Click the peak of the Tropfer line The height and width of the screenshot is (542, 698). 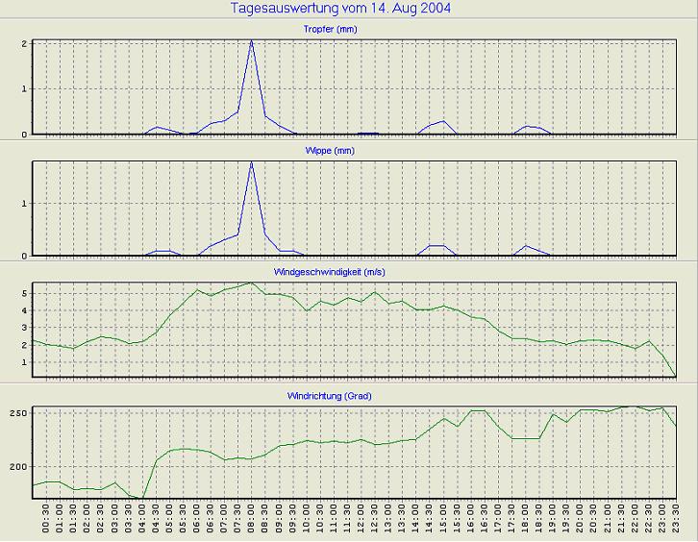pos(252,41)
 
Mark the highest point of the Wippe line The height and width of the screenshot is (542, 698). pos(252,161)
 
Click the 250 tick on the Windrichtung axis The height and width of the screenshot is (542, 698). pos(18,412)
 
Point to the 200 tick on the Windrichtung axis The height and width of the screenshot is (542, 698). pos(18,467)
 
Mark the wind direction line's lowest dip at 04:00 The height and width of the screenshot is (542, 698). pos(143,498)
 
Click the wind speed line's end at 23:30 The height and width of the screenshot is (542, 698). pos(677,377)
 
